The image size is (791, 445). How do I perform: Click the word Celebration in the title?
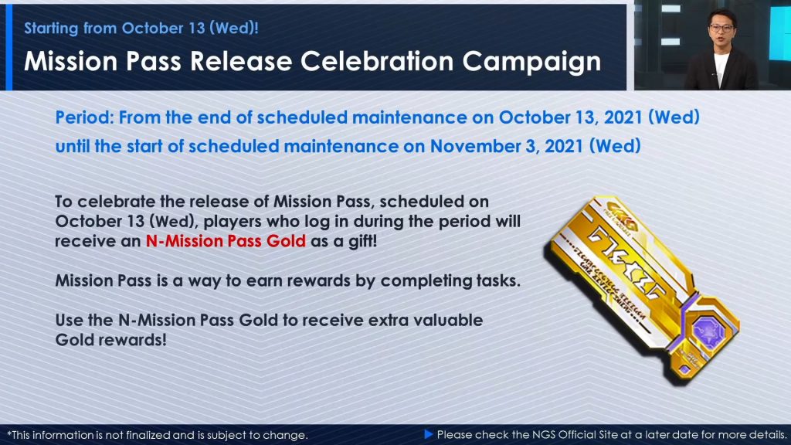[x=377, y=62]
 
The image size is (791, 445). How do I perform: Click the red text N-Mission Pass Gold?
[x=226, y=241]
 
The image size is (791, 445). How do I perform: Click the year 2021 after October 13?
[x=623, y=117]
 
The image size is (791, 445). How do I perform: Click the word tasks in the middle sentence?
[x=498, y=280]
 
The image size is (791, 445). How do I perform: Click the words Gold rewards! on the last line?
[x=110, y=340]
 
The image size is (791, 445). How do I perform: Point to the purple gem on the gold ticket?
[x=708, y=331]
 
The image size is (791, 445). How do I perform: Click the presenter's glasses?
[x=721, y=29]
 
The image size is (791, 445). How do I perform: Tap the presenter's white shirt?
[x=721, y=69]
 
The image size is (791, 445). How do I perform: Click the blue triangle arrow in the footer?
[x=429, y=434]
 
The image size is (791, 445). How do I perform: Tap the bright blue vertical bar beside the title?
[x=8, y=47]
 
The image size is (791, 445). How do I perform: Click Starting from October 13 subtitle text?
[x=141, y=29]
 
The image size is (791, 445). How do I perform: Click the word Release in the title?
[x=241, y=62]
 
